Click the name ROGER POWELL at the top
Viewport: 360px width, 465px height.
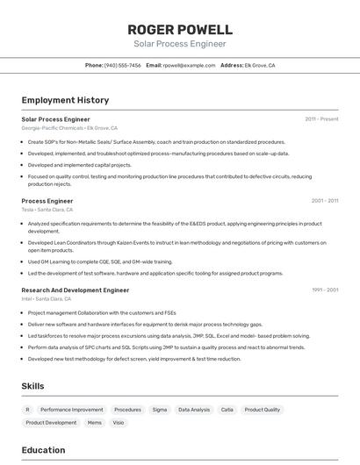[x=180, y=29]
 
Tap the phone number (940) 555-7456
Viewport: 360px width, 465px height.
[x=122, y=66]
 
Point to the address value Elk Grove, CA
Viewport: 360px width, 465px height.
[x=260, y=66]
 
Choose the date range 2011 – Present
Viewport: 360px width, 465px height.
[x=321, y=119]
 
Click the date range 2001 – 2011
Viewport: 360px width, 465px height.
[x=324, y=201]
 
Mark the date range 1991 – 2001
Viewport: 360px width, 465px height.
[x=324, y=290]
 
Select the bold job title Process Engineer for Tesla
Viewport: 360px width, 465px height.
[x=47, y=201]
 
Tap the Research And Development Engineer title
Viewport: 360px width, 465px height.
[x=76, y=290]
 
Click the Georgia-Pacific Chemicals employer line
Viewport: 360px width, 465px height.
[x=69, y=128]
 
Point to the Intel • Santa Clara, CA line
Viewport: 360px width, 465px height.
[x=47, y=298]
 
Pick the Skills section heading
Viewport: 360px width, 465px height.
[x=33, y=386]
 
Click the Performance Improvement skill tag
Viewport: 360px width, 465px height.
[x=71, y=410]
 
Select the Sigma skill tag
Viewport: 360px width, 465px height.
[x=159, y=410]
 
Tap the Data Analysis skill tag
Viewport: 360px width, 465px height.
[x=194, y=410]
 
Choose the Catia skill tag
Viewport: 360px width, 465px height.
[x=227, y=410]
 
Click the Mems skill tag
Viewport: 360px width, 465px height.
[x=94, y=423]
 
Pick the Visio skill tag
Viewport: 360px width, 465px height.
[x=119, y=423]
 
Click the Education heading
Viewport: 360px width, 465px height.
[x=44, y=450]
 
